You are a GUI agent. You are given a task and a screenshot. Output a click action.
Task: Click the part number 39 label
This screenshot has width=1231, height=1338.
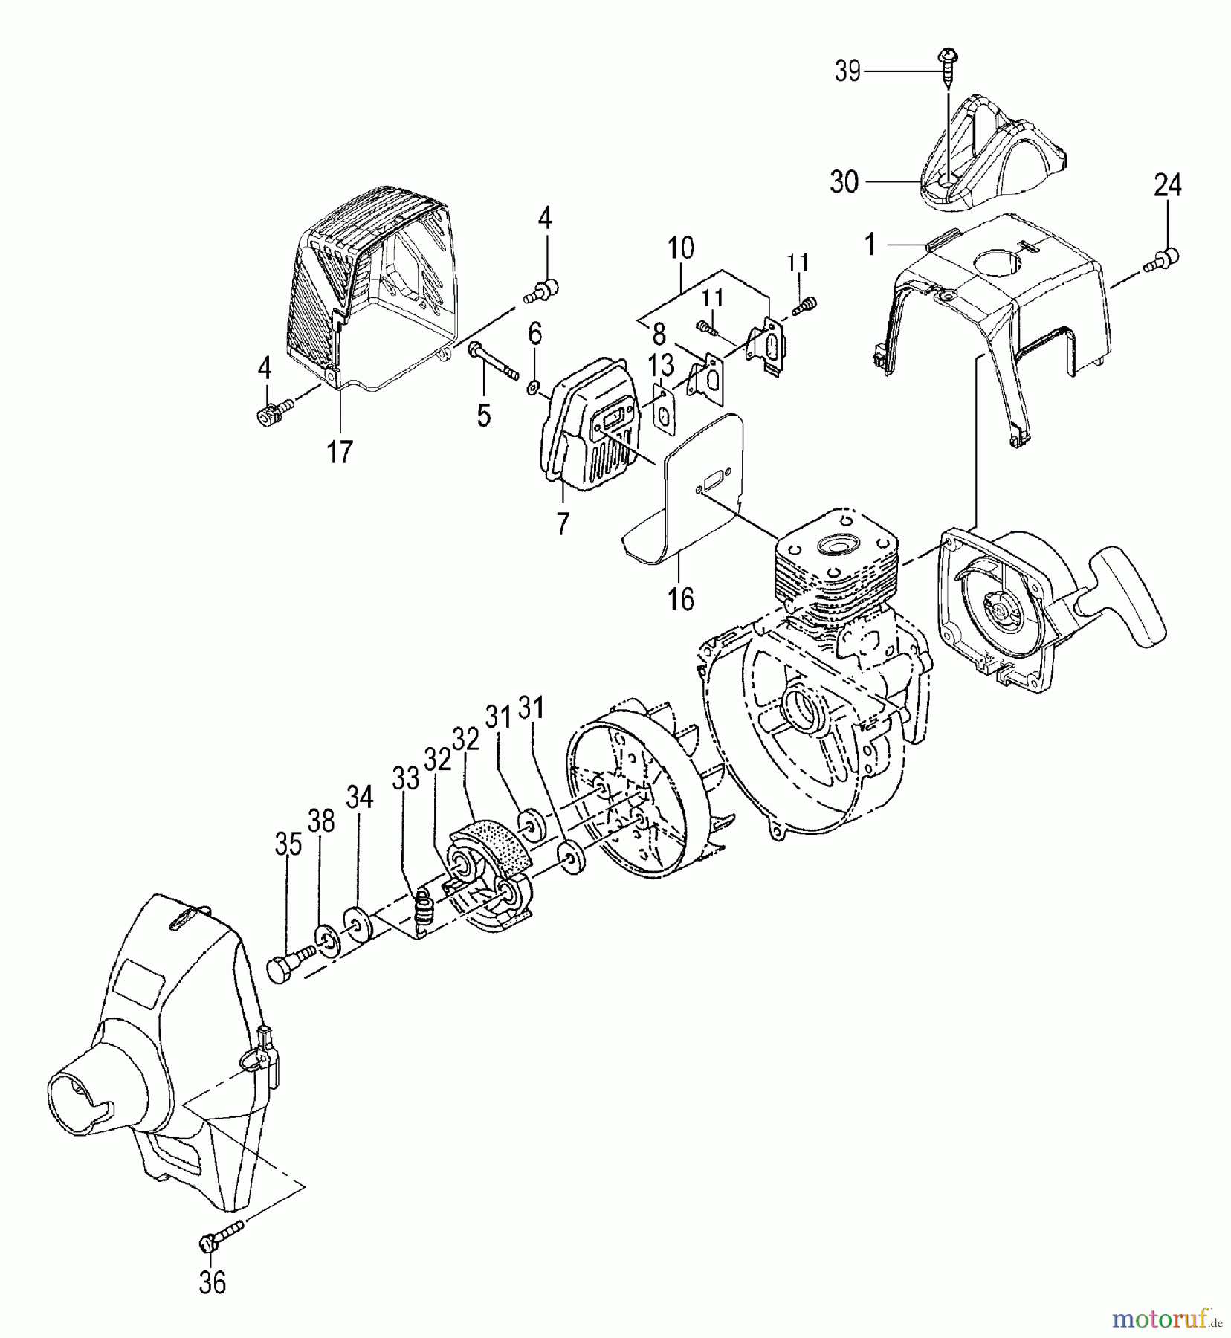847,72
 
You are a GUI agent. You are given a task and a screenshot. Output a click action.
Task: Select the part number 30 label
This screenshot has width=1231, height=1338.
844,181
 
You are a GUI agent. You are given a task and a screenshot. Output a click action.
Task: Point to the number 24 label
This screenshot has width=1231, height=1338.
1167,184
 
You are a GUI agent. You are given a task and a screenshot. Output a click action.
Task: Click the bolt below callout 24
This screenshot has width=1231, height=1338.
1165,259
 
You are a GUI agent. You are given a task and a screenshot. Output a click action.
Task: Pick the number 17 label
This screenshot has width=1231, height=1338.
340,450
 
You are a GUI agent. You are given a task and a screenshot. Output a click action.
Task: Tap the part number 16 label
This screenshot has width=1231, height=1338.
681,598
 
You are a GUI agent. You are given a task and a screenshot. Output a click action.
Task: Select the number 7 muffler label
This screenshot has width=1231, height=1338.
562,525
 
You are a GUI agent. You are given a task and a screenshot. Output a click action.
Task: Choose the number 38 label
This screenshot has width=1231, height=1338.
321,822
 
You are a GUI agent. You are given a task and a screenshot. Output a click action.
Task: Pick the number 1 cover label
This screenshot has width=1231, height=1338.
870,244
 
